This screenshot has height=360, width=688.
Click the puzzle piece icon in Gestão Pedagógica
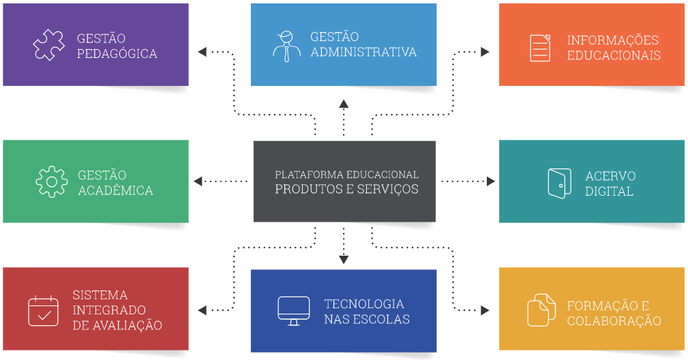pyautogui.click(x=49, y=45)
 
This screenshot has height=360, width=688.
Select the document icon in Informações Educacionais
pyautogui.click(x=540, y=47)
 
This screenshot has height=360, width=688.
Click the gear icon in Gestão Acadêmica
pyautogui.click(x=51, y=182)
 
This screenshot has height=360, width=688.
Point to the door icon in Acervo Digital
pyautogui.click(x=559, y=183)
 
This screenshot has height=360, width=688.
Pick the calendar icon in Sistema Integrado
pyautogui.click(x=44, y=310)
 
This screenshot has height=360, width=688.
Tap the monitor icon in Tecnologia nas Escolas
pyautogui.click(x=294, y=310)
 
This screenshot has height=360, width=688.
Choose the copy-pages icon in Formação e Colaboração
pyautogui.click(x=542, y=310)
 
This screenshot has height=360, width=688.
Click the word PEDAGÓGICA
pyautogui.click(x=117, y=54)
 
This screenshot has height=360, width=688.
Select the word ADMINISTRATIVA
pyautogui.click(x=363, y=52)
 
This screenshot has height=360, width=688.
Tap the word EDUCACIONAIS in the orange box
pyautogui.click(x=614, y=56)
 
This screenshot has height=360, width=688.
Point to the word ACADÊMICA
pyautogui.click(x=115, y=191)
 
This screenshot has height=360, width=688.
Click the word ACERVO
pyautogui.click(x=610, y=176)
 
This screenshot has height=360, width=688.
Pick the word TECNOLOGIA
pyautogui.click(x=364, y=303)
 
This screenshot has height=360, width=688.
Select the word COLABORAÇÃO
pyautogui.click(x=614, y=321)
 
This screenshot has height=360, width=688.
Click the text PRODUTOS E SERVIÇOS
pyautogui.click(x=346, y=190)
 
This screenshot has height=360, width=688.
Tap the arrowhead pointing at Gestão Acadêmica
pyautogui.click(x=198, y=181)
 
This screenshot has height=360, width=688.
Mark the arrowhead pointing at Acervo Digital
pyautogui.click(x=491, y=181)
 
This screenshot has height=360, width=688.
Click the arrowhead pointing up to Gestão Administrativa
pyautogui.click(x=344, y=104)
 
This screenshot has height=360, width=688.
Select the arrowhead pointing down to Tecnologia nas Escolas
pyautogui.click(x=344, y=259)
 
